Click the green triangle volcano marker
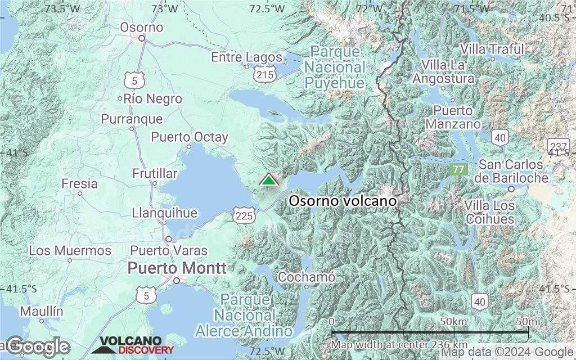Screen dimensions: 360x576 coord(269,180)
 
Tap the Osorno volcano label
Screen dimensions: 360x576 coord(343,201)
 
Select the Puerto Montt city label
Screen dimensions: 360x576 coord(177,268)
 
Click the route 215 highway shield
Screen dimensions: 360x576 coord(264,74)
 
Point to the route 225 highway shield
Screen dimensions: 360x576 coord(246,214)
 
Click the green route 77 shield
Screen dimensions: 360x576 coord(458,169)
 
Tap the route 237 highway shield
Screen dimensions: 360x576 coord(556,145)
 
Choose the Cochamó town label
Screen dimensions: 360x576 coord(307,277)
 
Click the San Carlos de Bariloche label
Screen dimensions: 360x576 coord(511,171)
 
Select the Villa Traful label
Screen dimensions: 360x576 coord(492,49)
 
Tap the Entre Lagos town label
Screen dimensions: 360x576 coord(246,57)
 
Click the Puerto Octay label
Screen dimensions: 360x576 coord(190,137)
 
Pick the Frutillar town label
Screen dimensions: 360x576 coord(155,173)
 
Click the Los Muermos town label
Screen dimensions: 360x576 coord(70,250)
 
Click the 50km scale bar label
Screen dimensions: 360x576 coord(453,321)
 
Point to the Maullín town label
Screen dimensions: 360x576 coord(41,311)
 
